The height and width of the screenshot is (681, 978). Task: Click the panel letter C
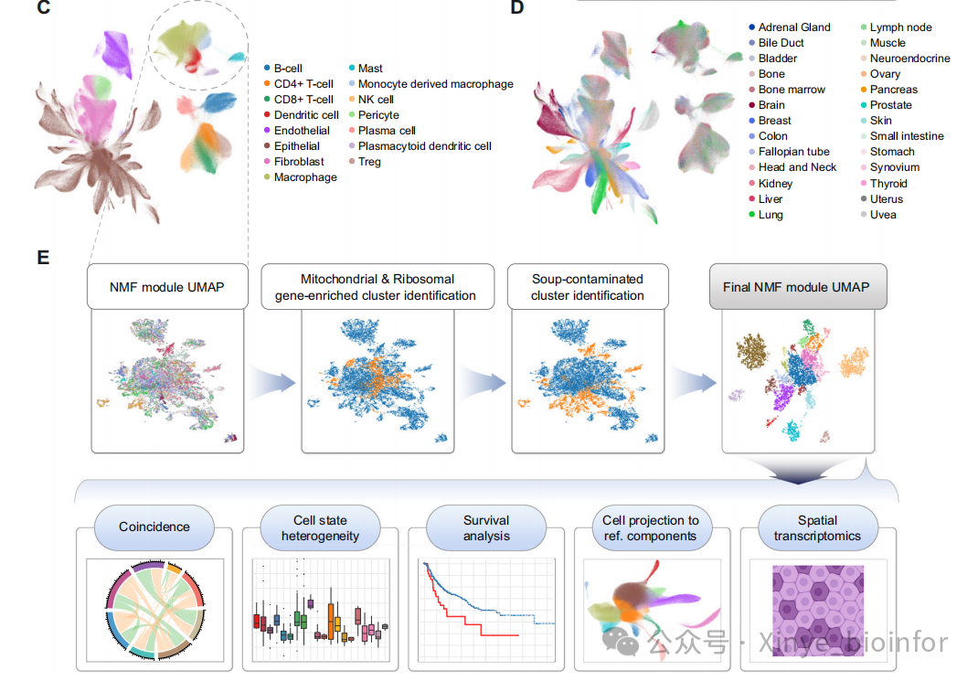tap(43, 9)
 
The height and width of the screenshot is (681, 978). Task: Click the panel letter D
tap(517, 9)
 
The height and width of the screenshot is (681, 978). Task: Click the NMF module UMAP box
tap(167, 287)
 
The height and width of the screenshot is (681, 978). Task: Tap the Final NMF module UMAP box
tap(796, 287)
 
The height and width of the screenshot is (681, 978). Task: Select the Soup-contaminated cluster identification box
tap(588, 287)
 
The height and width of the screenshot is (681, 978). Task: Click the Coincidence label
tap(154, 527)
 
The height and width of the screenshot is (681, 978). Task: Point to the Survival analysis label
tap(485, 527)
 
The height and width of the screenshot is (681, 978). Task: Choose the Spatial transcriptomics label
tap(817, 527)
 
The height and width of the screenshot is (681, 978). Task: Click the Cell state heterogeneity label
tap(320, 527)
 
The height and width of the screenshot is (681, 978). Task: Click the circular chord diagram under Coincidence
tap(154, 610)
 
